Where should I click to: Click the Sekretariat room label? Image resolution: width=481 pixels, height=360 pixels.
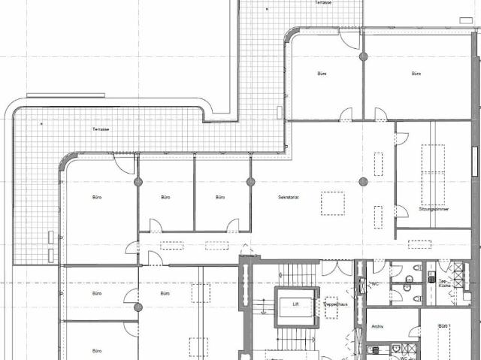(289, 197)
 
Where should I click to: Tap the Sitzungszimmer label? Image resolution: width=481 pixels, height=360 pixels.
(433, 210)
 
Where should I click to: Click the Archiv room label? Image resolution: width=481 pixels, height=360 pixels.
(378, 327)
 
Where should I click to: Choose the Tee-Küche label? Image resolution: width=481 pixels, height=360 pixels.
(443, 284)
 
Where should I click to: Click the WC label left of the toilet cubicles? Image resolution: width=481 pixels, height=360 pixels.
(373, 284)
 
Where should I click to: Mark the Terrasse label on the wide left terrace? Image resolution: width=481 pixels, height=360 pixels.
(101, 129)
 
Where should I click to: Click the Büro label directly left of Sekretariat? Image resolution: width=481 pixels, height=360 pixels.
(220, 197)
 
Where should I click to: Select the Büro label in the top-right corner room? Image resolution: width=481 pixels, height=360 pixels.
(416, 74)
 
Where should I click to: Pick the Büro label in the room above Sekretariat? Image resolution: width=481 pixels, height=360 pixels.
(322, 74)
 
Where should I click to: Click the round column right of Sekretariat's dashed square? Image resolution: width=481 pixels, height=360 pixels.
(363, 181)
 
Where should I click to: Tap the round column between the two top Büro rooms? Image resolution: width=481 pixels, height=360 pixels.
(363, 56)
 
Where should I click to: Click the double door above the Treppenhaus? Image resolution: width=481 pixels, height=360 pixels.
(337, 268)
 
